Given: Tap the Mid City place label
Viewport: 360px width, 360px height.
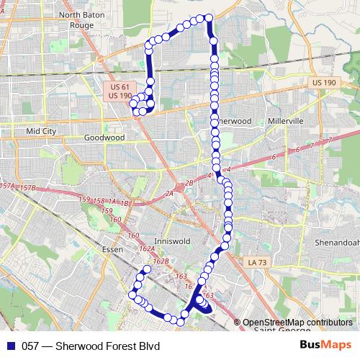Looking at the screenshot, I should tap(41, 131).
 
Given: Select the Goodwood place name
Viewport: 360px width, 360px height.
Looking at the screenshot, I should tap(104, 137).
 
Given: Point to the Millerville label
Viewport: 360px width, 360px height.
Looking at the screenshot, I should tap(286, 121).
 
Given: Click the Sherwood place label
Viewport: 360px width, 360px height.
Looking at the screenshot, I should tap(234, 121).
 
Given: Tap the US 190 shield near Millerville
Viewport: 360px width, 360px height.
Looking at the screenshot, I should tap(325, 83).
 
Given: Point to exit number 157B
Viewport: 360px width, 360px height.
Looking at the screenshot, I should tap(27, 188).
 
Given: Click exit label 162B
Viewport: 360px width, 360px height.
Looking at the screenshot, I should tap(161, 261).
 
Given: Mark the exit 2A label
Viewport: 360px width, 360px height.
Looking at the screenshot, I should tap(170, 194).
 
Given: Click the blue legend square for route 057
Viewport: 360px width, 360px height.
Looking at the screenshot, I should tap(9, 346).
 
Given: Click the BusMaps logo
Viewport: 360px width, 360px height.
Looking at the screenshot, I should tap(325, 345).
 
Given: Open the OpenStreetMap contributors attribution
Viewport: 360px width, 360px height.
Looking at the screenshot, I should tap(297, 322).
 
